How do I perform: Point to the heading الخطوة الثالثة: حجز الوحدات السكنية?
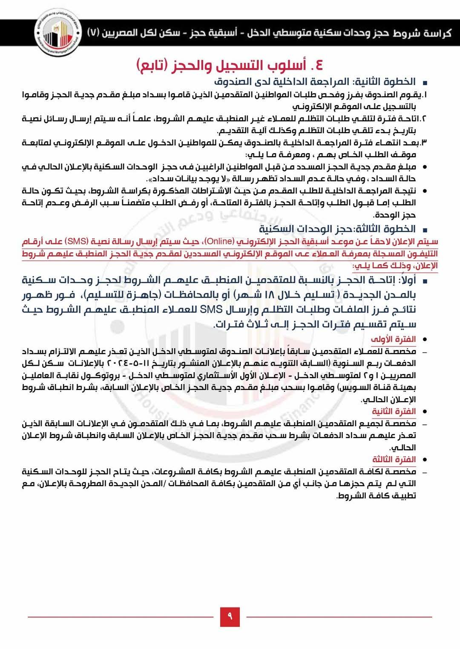coord(337,229)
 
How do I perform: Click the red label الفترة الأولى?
coord(393,339)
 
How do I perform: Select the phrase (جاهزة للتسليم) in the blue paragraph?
coord(200,295)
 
